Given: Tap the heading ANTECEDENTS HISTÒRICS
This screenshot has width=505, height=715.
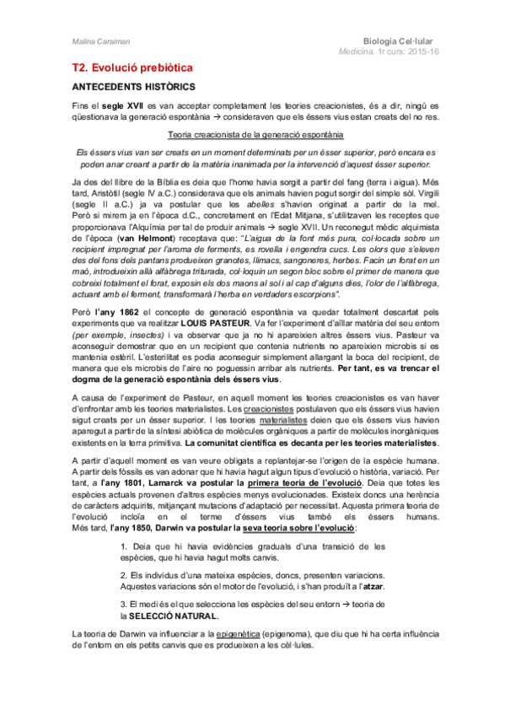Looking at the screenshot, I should pos(133,87).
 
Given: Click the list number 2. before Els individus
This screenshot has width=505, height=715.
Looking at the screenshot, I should pos(126,576).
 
